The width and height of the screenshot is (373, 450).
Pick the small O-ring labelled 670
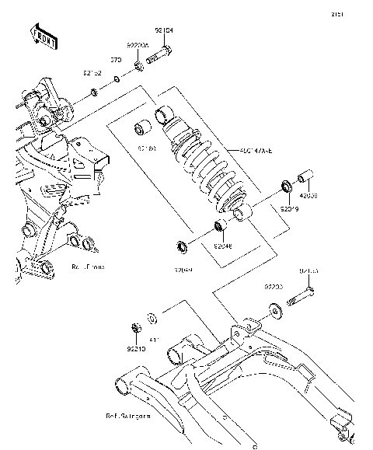(x=116, y=79)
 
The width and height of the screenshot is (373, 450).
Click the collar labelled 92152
(x=94, y=93)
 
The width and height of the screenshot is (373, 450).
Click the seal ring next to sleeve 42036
(x=286, y=187)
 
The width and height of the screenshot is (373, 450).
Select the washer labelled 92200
(x=277, y=312)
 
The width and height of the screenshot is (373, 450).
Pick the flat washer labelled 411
(x=152, y=317)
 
